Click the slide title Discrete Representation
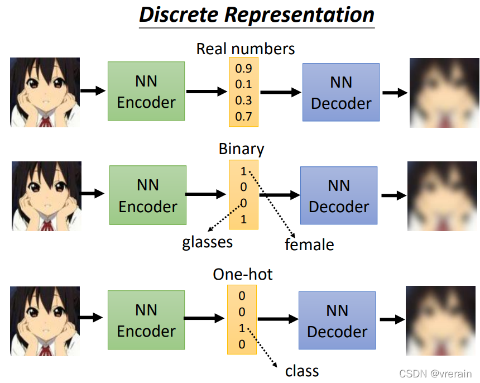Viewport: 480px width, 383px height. click(x=256, y=15)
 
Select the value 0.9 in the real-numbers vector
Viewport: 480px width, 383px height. click(x=243, y=69)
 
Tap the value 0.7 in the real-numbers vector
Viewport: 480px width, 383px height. click(x=243, y=116)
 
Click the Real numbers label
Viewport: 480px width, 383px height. click(x=245, y=49)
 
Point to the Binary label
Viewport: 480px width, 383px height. click(x=241, y=149)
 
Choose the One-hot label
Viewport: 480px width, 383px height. click(x=242, y=274)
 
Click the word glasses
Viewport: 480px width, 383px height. click(x=207, y=242)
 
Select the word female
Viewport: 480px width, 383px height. click(x=309, y=244)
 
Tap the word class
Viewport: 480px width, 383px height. click(x=301, y=371)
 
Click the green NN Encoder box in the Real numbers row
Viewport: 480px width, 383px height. click(x=146, y=91)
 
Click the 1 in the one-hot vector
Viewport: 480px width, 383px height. click(x=242, y=328)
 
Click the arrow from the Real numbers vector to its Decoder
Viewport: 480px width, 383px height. click(x=280, y=92)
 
